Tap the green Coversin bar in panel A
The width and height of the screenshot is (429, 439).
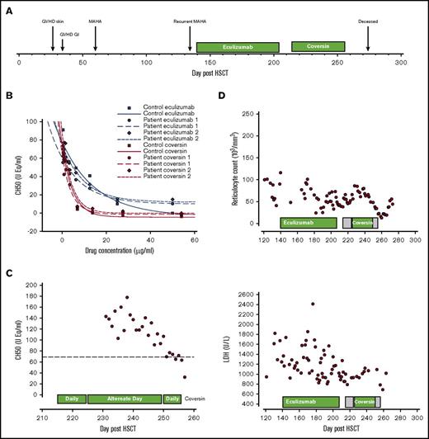(318, 48)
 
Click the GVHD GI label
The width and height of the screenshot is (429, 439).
(71, 34)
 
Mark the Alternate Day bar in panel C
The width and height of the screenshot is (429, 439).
(125, 399)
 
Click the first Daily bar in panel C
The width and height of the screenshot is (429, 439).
(72, 399)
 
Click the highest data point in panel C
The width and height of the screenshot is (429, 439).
(126, 297)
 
